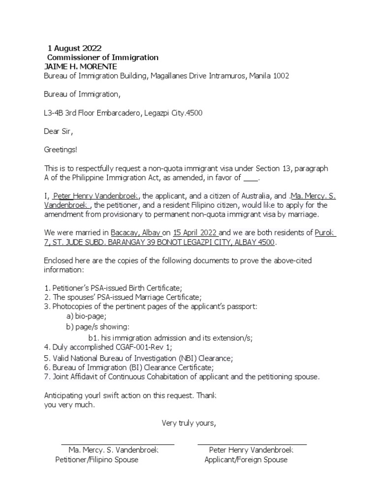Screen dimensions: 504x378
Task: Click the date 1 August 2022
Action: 74,48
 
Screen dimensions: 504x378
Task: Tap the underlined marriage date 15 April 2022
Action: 196,233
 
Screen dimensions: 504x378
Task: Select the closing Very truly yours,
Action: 189,423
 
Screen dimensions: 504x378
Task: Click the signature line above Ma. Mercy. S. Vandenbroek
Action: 118,444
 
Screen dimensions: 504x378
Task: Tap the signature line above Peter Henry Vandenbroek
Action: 252,444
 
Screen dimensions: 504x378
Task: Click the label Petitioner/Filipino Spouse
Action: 96,460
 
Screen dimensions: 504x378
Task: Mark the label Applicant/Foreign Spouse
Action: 246,460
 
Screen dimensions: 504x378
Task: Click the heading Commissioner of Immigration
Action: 102,58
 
